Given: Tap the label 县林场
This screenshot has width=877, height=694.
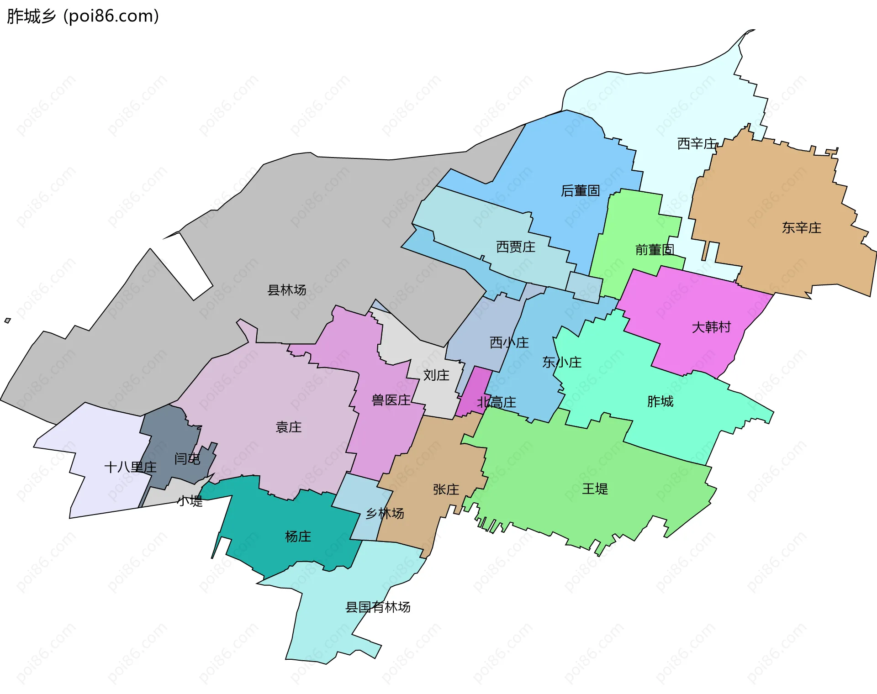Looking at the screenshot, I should (x=286, y=290).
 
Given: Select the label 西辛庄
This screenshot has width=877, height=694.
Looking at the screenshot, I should (x=697, y=144).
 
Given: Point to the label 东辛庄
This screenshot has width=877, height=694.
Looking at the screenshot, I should (x=801, y=228).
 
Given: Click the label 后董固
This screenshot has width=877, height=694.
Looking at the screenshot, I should (x=580, y=191).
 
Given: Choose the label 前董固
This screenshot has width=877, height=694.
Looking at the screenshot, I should (x=654, y=250).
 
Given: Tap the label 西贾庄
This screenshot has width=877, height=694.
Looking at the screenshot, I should (x=515, y=247).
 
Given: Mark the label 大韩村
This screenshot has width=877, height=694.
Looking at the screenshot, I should (x=711, y=327).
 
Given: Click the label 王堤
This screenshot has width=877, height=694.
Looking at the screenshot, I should (x=595, y=489).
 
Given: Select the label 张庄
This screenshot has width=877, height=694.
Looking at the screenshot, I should (x=446, y=489).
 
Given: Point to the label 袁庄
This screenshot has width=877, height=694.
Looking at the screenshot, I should (x=288, y=427).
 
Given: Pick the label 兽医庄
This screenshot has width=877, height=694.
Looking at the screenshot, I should (x=391, y=400).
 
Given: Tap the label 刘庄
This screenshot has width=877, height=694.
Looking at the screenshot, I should (x=436, y=375).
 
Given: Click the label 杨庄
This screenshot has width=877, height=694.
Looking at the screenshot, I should (x=298, y=536).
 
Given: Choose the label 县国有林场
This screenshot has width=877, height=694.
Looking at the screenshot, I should (x=378, y=607).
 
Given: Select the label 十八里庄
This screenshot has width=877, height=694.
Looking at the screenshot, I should (x=130, y=467).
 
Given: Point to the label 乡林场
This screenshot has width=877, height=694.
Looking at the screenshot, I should (x=385, y=514).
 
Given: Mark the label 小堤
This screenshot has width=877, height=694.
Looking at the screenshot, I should (x=190, y=501).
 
